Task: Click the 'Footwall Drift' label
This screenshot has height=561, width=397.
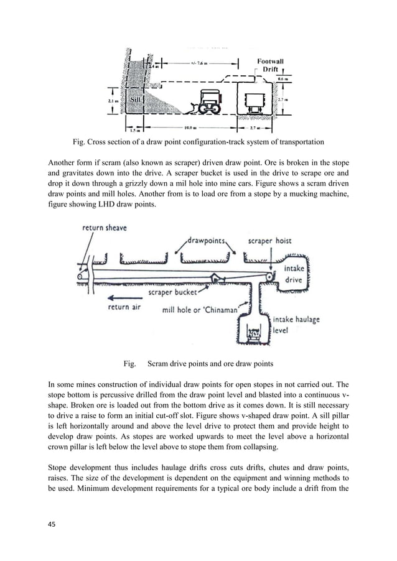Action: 271,65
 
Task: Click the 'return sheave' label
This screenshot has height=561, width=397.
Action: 105,228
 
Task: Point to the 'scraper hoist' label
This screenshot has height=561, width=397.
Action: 269,241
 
